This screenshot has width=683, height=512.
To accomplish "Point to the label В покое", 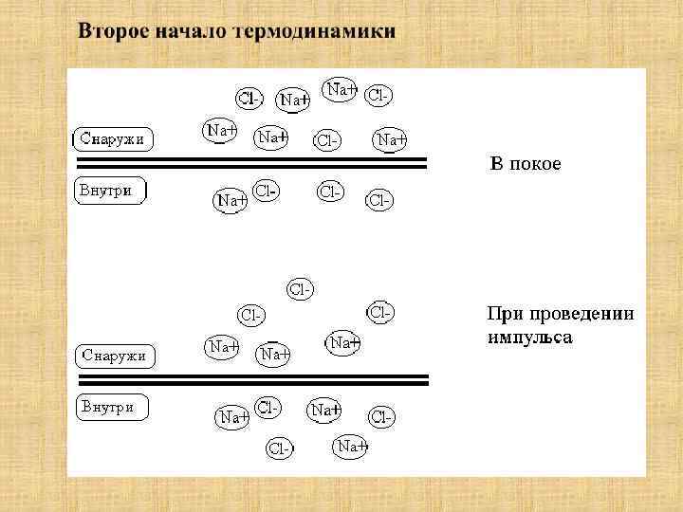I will click(525, 164).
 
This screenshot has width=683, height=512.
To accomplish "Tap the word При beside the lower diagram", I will click(503, 313).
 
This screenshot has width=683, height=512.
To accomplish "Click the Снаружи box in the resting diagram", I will click(113, 139).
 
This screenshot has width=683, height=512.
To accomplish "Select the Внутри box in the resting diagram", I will click(111, 191).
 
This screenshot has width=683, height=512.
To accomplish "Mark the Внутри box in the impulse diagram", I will click(111, 408).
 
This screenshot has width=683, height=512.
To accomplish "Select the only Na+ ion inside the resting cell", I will click(231, 200).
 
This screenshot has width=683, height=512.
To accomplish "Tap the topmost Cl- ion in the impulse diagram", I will click(301, 289).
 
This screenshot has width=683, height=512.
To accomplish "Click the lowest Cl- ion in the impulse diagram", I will click(280, 449).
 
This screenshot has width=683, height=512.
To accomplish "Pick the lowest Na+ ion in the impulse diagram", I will click(350, 445).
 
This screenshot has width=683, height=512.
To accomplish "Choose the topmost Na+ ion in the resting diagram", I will click(340, 89).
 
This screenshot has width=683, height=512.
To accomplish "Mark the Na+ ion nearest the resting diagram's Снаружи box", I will click(221, 131).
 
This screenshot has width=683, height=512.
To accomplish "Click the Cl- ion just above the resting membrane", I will click(327, 141).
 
